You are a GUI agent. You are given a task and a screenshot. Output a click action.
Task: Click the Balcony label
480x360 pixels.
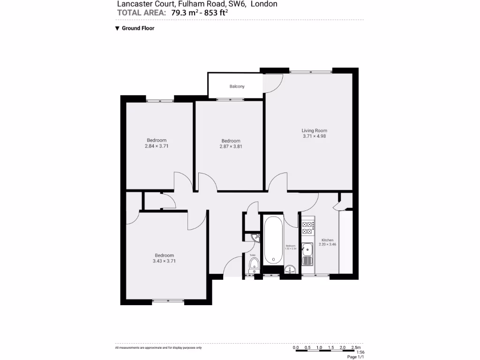point(237,87)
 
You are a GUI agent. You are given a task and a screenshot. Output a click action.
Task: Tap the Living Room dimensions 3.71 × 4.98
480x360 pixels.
point(314,136)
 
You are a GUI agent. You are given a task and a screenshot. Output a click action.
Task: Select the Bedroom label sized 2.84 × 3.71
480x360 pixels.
point(157,140)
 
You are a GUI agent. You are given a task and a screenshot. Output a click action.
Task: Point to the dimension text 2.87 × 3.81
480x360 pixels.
point(231,146)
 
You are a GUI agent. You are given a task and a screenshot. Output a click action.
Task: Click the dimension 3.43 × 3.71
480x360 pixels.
point(164,261)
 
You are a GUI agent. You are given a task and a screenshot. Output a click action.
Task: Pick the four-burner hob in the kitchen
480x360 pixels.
point(307,228)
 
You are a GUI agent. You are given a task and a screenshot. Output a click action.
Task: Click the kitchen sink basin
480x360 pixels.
point(307,248)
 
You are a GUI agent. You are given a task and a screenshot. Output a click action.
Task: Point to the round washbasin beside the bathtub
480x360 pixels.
point(290,269)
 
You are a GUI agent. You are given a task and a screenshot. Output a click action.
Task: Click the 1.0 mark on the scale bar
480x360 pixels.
point(319,348)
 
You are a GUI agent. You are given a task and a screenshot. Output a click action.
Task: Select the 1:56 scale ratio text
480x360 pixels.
point(360,352)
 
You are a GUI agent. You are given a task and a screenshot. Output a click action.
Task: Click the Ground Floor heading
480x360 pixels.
point(138,28)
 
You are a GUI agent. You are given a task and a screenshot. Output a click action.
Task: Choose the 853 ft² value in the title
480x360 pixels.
point(215,13)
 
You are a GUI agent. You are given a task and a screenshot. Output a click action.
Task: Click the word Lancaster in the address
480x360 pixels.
point(133,4)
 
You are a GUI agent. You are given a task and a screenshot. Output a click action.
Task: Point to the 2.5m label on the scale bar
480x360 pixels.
point(356,348)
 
